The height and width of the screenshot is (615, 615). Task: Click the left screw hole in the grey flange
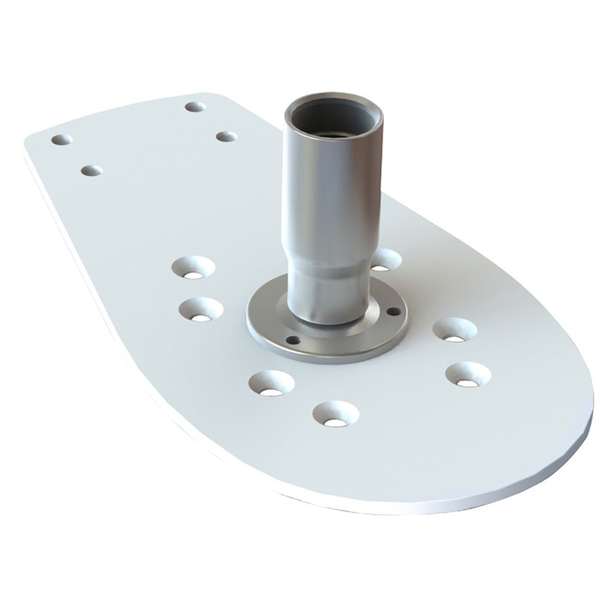(290, 339)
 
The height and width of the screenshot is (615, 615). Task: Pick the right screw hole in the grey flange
(394, 311)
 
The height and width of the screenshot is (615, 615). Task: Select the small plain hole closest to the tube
(225, 136)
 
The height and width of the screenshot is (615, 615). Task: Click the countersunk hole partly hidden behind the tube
(386, 260)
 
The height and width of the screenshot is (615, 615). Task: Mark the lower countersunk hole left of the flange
(201, 310)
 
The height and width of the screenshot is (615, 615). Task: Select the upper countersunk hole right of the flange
(454, 330)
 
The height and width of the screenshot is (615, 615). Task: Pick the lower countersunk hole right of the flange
(468, 374)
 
